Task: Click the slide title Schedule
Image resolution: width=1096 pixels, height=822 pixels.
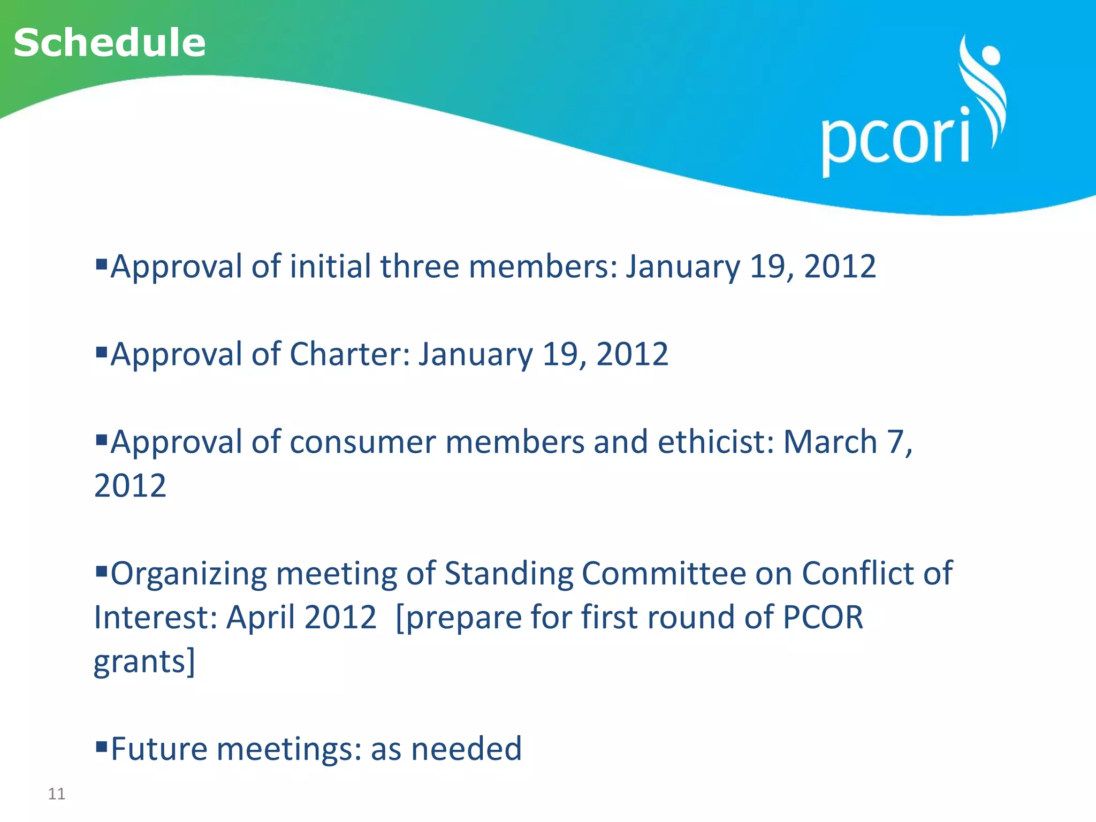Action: [110, 43]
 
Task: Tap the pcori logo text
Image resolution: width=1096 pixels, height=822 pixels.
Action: [895, 140]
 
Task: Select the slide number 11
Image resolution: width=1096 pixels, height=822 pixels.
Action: [57, 794]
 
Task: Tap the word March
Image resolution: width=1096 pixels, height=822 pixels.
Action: [830, 442]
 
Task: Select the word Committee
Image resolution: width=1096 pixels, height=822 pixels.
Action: [664, 574]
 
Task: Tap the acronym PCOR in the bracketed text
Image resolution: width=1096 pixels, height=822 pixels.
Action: [823, 618]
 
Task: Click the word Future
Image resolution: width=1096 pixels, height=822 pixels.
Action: [159, 749]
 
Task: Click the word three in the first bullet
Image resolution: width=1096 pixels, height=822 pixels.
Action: [419, 267]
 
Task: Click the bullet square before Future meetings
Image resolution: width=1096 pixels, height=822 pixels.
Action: [101, 745]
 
